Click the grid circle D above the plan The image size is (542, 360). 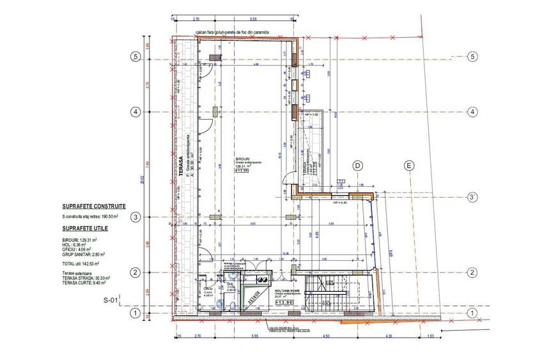coord(358,166)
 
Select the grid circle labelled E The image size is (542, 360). coord(409,166)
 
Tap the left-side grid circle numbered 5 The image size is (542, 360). coord(135,56)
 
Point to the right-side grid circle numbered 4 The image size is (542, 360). coord(472,111)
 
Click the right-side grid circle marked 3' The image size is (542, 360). coord(472,197)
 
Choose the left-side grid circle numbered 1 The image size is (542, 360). coord(135,313)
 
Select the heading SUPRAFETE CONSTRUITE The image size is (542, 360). coord(93,207)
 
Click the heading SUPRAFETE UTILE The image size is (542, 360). coord(84,228)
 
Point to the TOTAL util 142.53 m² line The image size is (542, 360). coord(82,263)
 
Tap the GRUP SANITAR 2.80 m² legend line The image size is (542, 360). coord(84,254)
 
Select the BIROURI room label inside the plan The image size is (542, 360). coord(242,160)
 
